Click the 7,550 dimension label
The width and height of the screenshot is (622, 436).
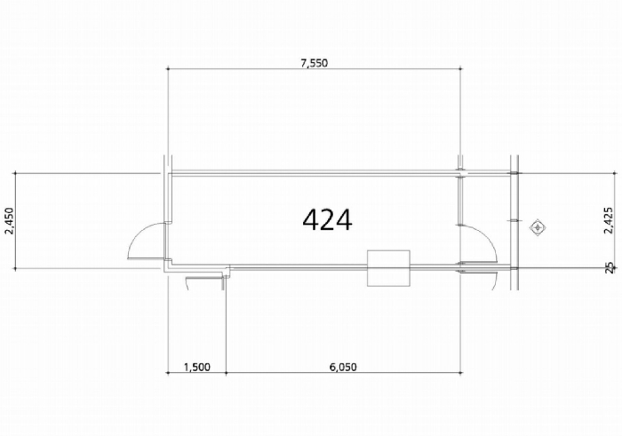(315, 63)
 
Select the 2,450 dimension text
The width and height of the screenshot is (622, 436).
(9, 221)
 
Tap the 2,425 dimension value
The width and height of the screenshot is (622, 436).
(608, 220)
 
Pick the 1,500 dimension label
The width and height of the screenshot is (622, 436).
(197, 367)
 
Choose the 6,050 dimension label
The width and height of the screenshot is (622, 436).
(343, 367)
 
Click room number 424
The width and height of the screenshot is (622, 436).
(327, 220)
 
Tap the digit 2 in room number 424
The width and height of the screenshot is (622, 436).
(327, 220)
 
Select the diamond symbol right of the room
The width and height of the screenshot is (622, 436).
(538, 227)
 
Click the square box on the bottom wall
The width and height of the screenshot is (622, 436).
(389, 268)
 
